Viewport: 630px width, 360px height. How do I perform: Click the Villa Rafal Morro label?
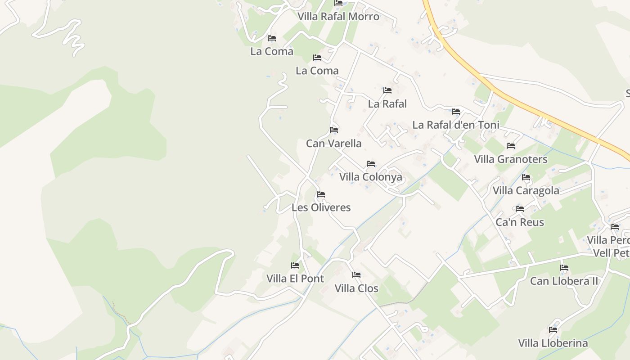coord(338,17)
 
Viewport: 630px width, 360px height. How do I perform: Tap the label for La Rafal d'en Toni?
coord(456,125)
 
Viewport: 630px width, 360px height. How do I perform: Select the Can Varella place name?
coord(333,144)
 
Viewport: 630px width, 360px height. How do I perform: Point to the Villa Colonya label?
coord(370,177)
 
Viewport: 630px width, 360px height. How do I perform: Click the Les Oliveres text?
coord(321,207)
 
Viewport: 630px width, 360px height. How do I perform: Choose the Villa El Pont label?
coord(295,279)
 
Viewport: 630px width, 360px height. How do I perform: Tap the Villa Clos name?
coord(356,288)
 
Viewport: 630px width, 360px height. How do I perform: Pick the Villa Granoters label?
coord(511,159)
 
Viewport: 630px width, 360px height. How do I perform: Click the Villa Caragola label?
coord(526,190)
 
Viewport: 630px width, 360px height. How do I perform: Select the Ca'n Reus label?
coord(520,222)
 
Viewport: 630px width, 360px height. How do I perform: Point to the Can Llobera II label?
coord(564,281)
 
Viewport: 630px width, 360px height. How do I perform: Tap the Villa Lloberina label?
coord(553,343)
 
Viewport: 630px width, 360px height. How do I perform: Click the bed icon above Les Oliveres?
coord(321,194)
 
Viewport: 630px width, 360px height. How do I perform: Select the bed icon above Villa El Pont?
coord(295,265)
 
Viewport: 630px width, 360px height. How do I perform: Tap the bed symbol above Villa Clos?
coord(356,275)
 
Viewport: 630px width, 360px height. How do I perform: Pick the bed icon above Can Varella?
coord(333,130)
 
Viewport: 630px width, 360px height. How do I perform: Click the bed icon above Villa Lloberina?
coord(553,330)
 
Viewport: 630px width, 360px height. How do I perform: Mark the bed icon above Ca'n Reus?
coord(520,209)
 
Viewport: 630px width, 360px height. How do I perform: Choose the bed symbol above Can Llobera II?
coord(564,268)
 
